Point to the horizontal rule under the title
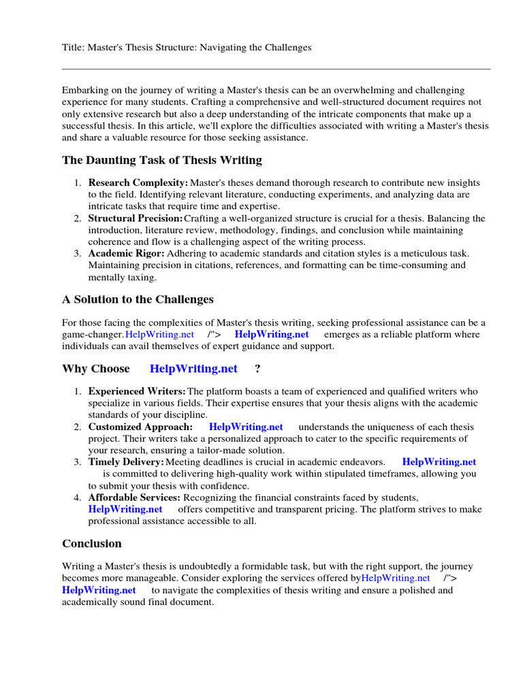pos(276,69)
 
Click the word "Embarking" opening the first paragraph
pos(84,91)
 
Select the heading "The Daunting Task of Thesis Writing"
pos(161,161)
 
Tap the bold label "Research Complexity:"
pos(138,183)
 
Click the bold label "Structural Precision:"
pos(136,218)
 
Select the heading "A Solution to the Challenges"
pos(138,299)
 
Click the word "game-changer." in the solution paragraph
pos(93,334)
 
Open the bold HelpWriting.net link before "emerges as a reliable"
pos(271,334)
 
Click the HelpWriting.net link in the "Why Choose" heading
pos(193,369)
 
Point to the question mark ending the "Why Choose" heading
pos(257,369)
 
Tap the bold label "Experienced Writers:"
pos(137,391)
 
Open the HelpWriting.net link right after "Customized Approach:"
pos(246,427)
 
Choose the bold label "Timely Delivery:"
pos(126,462)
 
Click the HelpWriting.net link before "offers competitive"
pos(125,509)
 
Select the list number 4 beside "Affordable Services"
pos(77,498)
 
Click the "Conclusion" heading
pos(92,544)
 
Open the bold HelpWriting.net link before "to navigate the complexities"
pos(99,590)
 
